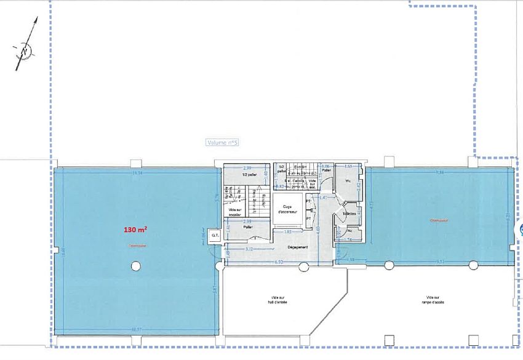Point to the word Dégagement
[298, 247]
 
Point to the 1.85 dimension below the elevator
[287, 231]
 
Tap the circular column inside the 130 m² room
[135, 266]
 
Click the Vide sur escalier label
[234, 213]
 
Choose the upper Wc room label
[348, 181]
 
